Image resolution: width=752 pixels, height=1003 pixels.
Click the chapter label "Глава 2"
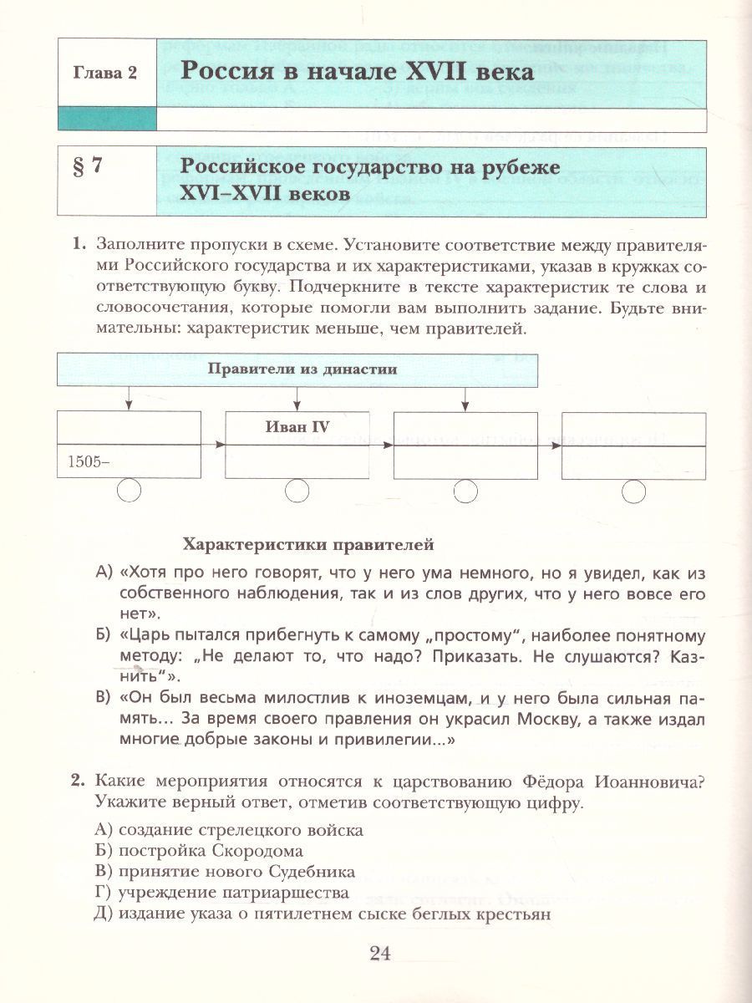tap(109, 72)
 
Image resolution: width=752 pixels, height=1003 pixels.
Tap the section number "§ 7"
tap(85, 165)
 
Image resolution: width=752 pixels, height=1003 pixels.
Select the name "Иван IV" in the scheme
tap(297, 427)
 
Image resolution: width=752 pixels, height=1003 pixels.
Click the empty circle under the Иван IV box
tap(297, 491)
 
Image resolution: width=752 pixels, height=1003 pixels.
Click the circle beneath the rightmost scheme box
tap(633, 491)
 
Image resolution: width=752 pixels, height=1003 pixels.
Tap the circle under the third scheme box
tap(465, 491)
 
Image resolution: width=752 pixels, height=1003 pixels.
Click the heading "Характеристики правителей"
tap(308, 545)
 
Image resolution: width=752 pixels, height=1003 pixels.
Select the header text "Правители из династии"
tap(302, 369)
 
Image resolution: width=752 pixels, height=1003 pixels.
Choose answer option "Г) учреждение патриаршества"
tap(222, 893)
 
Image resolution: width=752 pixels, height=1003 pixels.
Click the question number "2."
tap(79, 781)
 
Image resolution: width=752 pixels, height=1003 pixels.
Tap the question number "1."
tap(79, 244)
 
